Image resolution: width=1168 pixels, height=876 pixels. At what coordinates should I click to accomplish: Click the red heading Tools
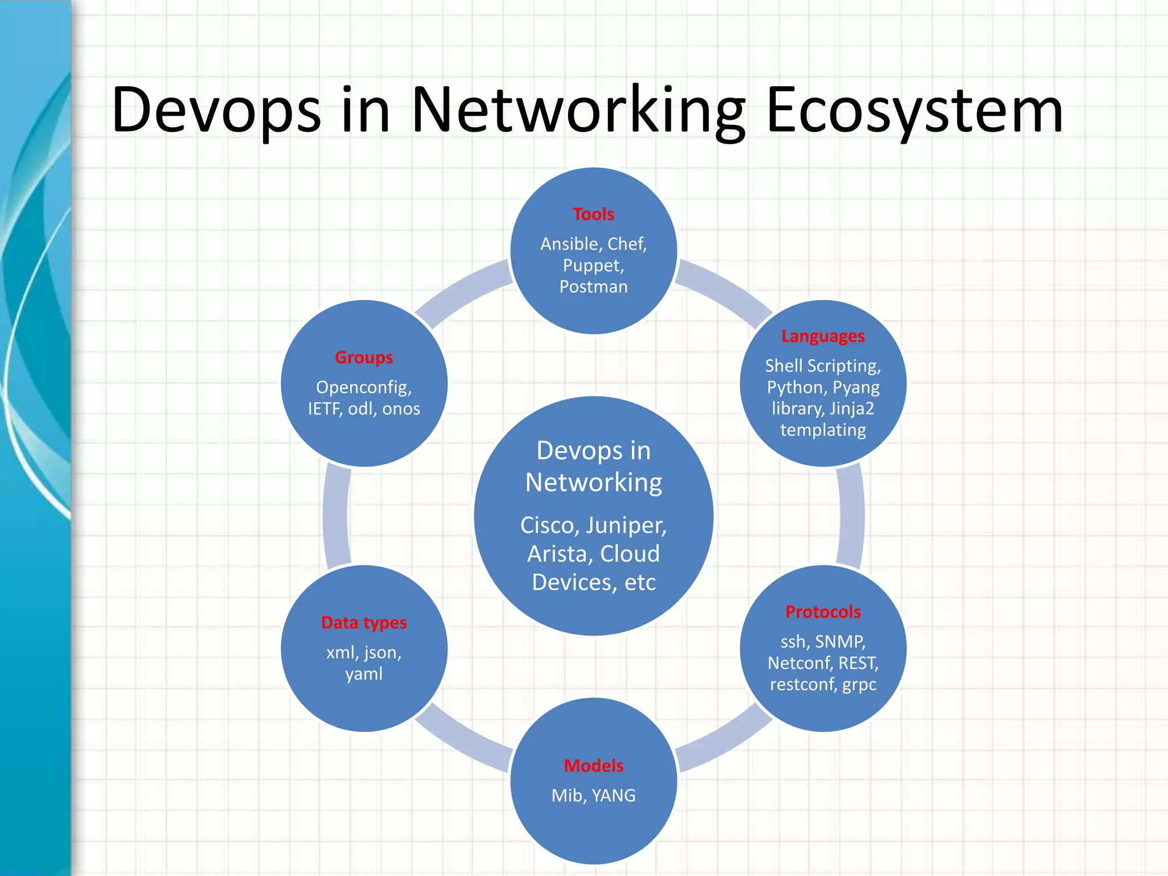pyautogui.click(x=593, y=214)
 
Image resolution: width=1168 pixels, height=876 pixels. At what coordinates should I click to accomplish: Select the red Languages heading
pyautogui.click(x=822, y=336)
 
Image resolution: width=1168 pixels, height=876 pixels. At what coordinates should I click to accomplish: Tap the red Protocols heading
pyautogui.click(x=822, y=612)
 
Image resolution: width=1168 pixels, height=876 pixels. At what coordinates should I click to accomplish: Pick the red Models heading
pyautogui.click(x=593, y=766)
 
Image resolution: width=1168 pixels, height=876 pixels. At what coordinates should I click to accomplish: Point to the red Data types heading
pyautogui.click(x=364, y=623)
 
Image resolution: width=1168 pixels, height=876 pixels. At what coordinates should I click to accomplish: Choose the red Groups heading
pyautogui.click(x=364, y=358)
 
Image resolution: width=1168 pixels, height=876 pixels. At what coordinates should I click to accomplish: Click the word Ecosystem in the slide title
pyautogui.click(x=914, y=110)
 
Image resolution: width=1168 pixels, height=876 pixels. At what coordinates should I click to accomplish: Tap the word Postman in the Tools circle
pyautogui.click(x=593, y=287)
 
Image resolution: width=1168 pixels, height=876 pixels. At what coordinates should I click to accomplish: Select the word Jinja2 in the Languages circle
pyautogui.click(x=851, y=409)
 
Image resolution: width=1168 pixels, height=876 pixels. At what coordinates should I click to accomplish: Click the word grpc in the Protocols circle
pyautogui.click(x=859, y=684)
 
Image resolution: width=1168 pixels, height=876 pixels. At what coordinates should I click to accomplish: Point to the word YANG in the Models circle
pyautogui.click(x=613, y=796)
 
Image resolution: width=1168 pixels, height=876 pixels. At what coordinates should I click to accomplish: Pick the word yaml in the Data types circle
pyautogui.click(x=364, y=674)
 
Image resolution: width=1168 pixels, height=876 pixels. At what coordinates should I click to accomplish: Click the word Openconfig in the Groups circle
pyautogui.click(x=363, y=388)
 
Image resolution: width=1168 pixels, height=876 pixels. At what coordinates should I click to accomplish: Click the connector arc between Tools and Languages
pyautogui.click(x=724, y=291)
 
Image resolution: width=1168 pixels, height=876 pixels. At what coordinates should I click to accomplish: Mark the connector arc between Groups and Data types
pyautogui.click(x=335, y=516)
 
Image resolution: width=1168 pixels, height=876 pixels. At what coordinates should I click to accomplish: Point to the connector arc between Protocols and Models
pyautogui.click(x=724, y=741)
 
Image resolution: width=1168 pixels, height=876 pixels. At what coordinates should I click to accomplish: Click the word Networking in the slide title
pyautogui.click(x=578, y=110)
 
